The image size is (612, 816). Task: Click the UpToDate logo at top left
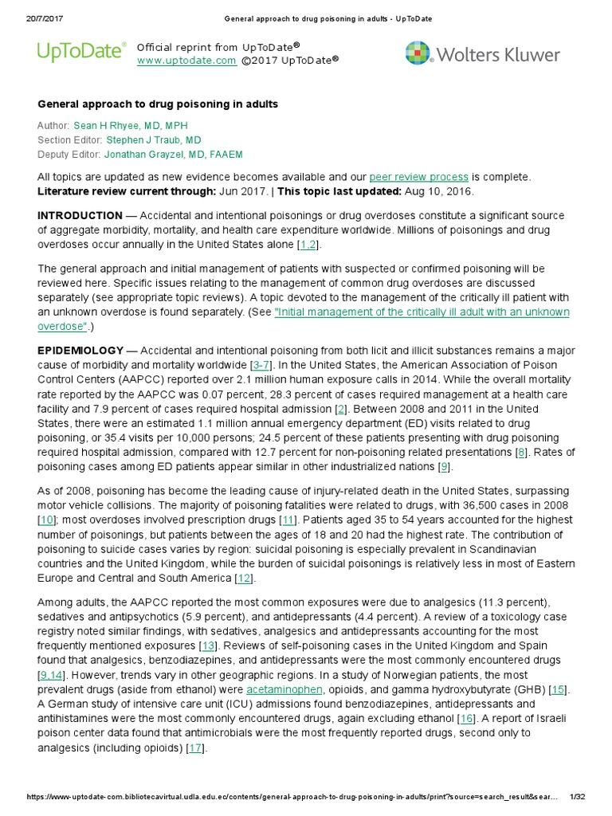click(81, 53)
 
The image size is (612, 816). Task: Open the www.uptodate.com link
click(186, 61)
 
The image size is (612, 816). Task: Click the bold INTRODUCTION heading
click(80, 216)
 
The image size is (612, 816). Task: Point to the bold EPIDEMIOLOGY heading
click(80, 351)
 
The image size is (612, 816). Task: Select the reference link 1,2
click(308, 244)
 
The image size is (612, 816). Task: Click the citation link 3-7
click(261, 364)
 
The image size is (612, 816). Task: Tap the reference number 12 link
click(244, 578)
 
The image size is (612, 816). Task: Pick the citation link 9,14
click(50, 675)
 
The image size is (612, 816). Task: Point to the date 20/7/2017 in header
click(34, 19)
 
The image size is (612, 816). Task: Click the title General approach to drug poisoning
click(158, 104)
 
